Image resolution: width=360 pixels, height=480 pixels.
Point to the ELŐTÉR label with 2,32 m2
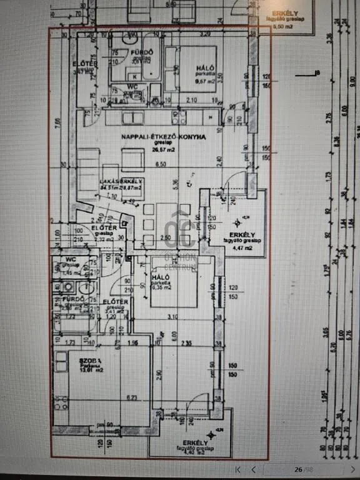(x=103, y=229)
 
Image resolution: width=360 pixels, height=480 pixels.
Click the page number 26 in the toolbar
(x=298, y=469)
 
